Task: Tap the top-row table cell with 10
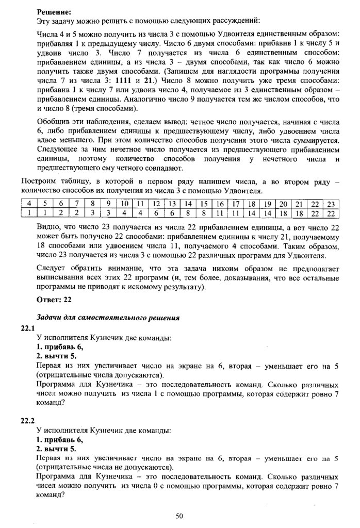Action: coord(124,204)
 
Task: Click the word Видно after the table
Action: coord(48,226)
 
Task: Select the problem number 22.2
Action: coord(28,420)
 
